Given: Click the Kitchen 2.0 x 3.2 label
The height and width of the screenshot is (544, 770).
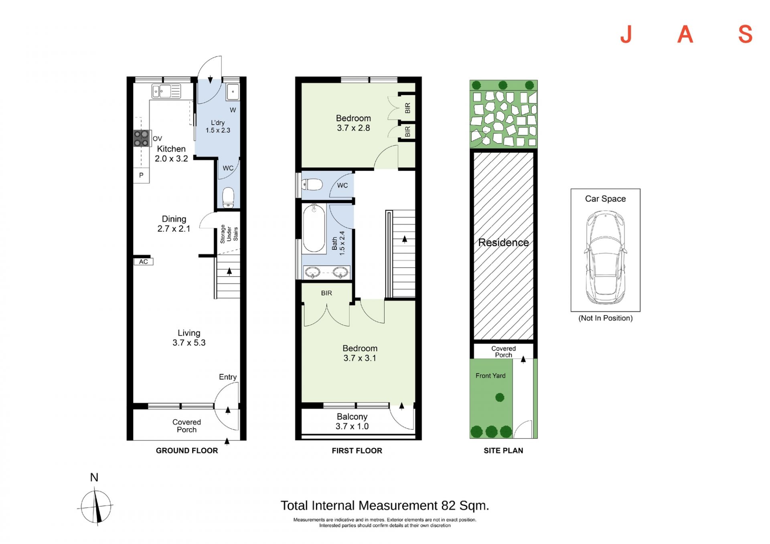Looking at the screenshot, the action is click(x=171, y=154).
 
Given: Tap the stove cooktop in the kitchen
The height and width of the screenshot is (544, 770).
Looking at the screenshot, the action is click(x=141, y=138).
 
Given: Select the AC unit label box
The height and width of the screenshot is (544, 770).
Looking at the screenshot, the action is click(x=143, y=262).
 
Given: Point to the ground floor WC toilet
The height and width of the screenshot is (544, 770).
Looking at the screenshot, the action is click(x=228, y=197).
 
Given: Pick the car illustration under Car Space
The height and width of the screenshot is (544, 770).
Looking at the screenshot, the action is click(x=605, y=258).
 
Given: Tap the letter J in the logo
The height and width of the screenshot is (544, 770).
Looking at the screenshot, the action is click(x=626, y=34).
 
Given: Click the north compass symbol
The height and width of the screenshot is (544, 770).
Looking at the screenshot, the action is click(x=96, y=506).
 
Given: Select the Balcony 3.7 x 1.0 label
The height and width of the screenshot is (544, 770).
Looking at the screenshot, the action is click(x=352, y=421).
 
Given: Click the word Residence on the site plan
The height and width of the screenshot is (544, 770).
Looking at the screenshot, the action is click(x=503, y=243).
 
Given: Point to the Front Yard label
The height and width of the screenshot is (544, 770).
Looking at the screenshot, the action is click(x=490, y=376).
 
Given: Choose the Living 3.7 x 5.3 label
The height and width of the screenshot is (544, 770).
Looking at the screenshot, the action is click(x=189, y=338).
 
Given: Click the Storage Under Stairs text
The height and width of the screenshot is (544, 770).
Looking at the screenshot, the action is click(x=229, y=234).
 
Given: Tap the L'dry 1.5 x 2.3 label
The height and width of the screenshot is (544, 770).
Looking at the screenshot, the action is click(x=218, y=126).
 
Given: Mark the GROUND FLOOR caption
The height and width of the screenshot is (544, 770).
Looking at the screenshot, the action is click(x=187, y=451).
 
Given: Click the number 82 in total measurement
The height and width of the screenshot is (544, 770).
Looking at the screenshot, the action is click(x=448, y=506).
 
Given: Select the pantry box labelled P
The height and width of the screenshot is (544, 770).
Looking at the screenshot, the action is click(x=141, y=175).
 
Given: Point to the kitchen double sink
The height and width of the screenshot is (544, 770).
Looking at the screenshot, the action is click(x=166, y=91).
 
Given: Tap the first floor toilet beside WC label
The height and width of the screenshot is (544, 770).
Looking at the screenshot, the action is click(x=312, y=185).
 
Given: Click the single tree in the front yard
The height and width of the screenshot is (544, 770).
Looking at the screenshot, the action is click(x=500, y=397).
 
